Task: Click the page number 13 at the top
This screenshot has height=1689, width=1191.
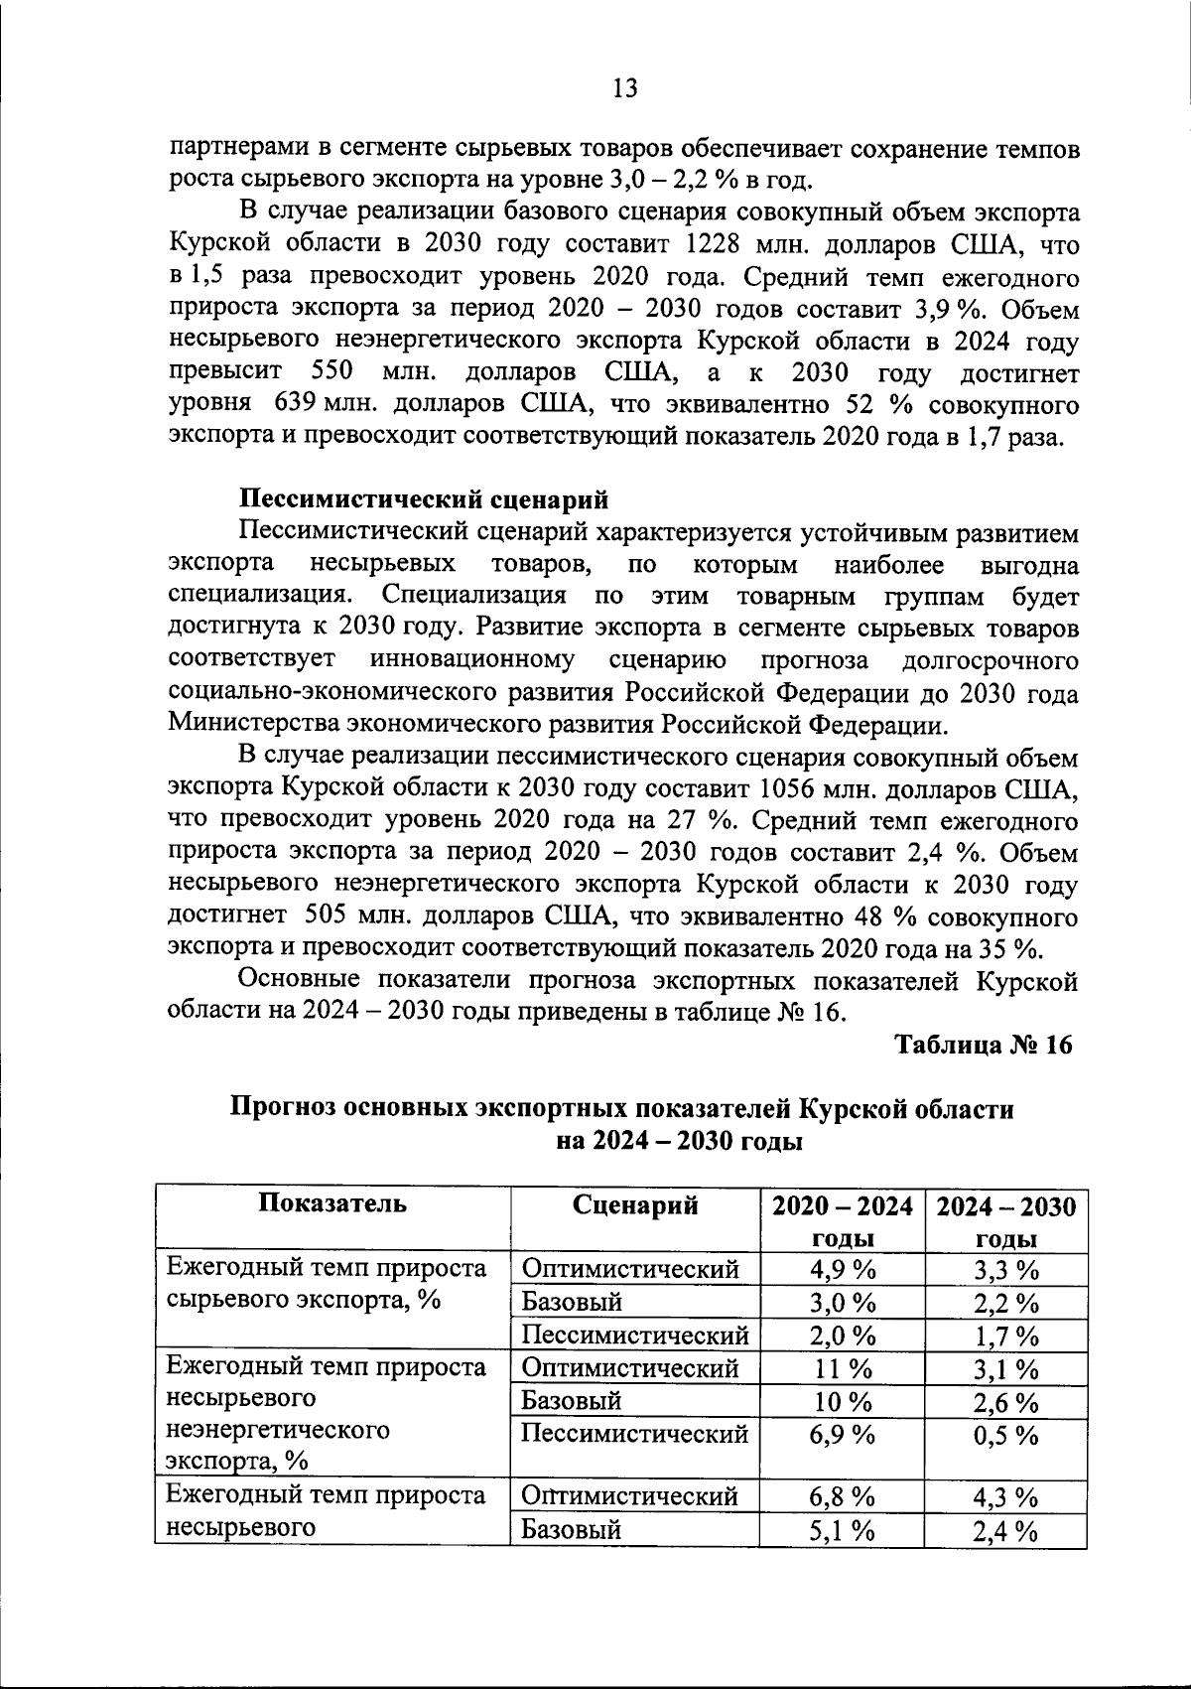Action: [625, 88]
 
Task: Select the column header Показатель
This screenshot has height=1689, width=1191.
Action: [332, 1204]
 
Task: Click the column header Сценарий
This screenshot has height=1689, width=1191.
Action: [635, 1205]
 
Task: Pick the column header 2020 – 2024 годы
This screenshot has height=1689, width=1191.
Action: [842, 1221]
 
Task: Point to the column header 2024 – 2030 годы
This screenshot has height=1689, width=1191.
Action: [1005, 1221]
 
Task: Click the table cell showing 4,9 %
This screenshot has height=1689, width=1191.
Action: [842, 1270]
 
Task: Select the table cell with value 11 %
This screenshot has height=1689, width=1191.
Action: [842, 1369]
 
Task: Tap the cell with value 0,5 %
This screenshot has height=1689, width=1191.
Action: [1005, 1436]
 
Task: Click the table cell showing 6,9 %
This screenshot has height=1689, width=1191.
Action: [842, 1435]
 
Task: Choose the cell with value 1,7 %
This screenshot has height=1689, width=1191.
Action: [1005, 1336]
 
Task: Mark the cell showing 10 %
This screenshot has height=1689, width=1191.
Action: [842, 1402]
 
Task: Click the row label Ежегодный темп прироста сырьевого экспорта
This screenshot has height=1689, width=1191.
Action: [328, 1284]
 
